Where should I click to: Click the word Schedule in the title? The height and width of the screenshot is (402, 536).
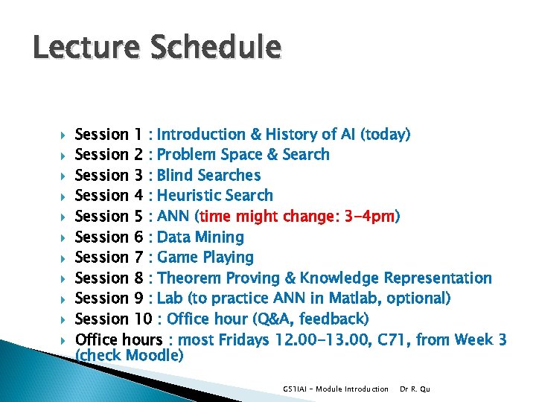[x=216, y=48]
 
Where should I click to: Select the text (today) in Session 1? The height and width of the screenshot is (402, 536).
[x=385, y=135]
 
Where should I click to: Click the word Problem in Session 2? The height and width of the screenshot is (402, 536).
[x=188, y=155]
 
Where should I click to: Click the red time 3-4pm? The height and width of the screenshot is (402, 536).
[x=368, y=217]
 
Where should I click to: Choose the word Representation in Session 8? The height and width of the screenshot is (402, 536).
[x=438, y=278]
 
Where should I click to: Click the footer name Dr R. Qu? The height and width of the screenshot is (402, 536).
[x=415, y=389]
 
